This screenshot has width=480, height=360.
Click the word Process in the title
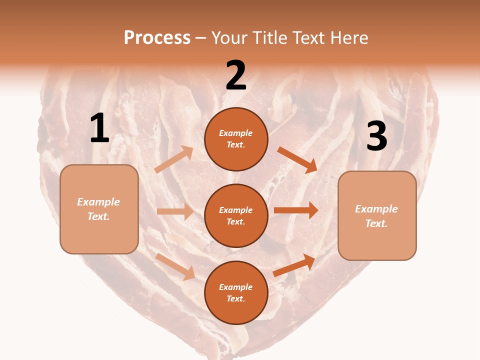(157, 38)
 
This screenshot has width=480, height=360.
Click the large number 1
(99, 128)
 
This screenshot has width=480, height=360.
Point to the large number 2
(236, 75)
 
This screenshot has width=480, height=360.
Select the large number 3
(377, 136)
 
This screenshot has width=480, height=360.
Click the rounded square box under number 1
(99, 209)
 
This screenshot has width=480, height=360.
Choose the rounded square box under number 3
(377, 216)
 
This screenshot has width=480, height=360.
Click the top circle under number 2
(236, 139)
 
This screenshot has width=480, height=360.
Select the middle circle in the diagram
(236, 215)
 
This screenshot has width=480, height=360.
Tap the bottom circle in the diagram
(236, 292)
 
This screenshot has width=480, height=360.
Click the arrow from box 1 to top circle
(174, 159)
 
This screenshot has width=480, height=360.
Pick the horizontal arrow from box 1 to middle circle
(175, 211)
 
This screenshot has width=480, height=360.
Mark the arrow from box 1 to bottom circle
(175, 266)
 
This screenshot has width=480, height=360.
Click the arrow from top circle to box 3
(297, 159)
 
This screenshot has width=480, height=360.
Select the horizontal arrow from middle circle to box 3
(296, 210)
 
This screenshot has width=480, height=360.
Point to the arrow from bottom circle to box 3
(294, 265)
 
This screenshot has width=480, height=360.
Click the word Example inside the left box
(98, 202)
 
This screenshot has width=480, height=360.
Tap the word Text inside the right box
(376, 223)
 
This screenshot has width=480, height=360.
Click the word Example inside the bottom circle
(235, 287)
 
